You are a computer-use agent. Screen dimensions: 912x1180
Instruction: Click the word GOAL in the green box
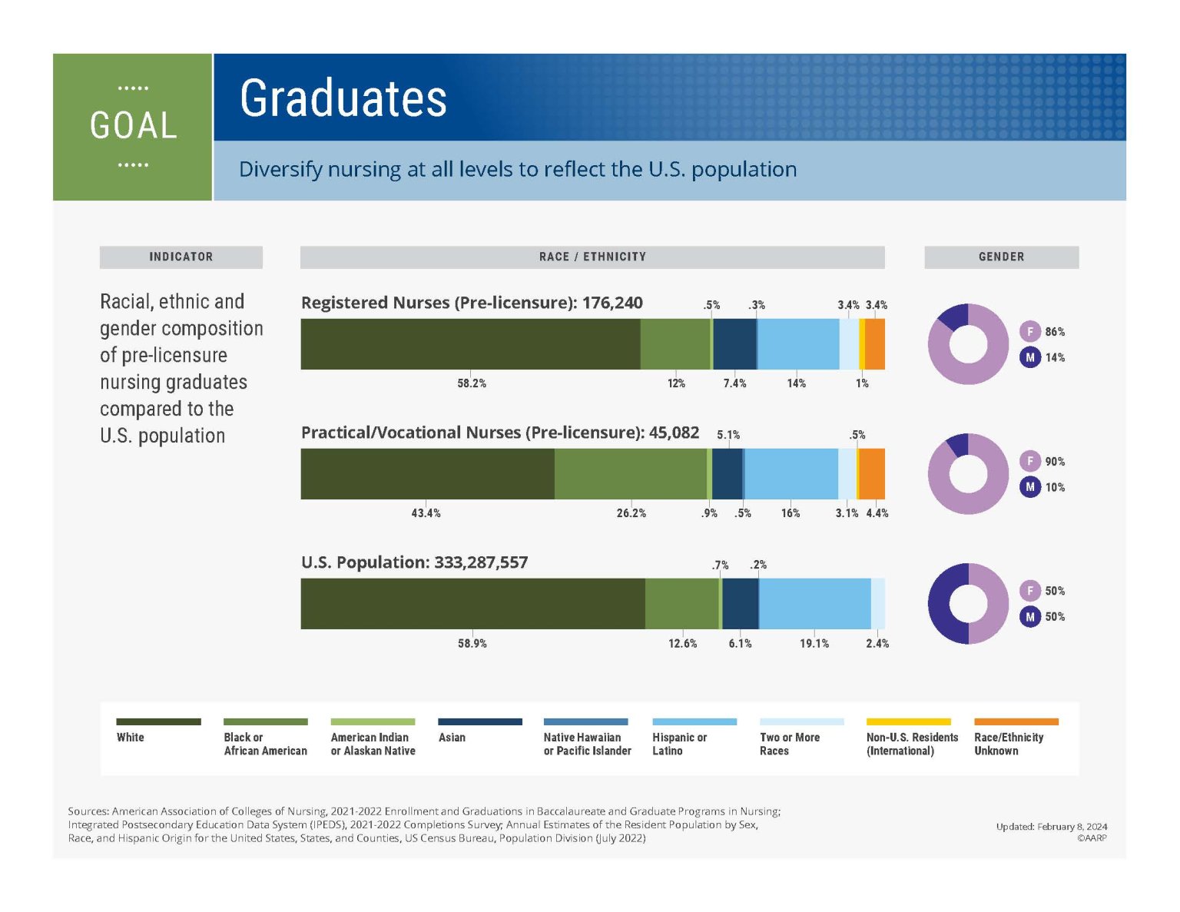(x=133, y=126)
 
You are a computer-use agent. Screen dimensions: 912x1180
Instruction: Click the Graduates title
(x=343, y=98)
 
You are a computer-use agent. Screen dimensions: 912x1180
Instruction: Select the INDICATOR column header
(x=181, y=257)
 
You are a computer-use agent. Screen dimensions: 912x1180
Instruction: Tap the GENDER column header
(x=1001, y=257)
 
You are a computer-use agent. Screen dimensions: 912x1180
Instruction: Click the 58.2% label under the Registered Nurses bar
(x=472, y=383)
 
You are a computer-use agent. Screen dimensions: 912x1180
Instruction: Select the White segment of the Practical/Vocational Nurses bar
(x=427, y=473)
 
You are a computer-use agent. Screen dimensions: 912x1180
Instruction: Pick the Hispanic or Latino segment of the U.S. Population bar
(x=814, y=603)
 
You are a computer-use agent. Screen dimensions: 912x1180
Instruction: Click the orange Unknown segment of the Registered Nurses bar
(x=875, y=344)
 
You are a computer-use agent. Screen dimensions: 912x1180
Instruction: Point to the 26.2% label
(x=631, y=513)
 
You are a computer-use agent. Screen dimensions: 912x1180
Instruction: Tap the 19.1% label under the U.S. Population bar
(x=814, y=643)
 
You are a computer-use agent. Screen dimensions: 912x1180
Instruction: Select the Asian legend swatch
(x=479, y=721)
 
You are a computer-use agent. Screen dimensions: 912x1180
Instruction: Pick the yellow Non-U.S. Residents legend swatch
(x=908, y=721)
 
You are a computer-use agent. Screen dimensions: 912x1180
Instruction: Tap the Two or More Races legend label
(x=789, y=744)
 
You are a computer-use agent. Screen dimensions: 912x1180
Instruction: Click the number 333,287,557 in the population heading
(x=481, y=562)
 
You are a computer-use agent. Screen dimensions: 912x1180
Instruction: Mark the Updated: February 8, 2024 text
(x=1051, y=827)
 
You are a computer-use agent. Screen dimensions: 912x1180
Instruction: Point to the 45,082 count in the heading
(x=674, y=433)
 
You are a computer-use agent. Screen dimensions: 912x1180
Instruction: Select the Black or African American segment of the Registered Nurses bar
(x=675, y=344)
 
